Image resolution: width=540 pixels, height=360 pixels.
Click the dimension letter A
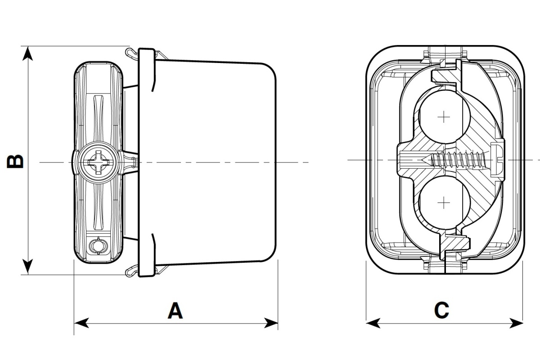point(175,310)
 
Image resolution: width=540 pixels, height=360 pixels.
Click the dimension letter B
point(16,161)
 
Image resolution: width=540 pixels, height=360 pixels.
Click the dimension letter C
point(441,310)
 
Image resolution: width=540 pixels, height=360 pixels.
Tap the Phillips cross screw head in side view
point(98,162)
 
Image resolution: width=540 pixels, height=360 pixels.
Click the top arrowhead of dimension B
point(28,53)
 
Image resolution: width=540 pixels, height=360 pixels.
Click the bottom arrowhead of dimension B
point(28,267)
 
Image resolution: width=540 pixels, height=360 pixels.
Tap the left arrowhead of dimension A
point(81,323)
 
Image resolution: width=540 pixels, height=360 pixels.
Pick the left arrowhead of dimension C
point(373,323)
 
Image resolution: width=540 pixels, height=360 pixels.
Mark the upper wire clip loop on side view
point(130,53)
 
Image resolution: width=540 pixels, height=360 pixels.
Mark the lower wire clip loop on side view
point(130,270)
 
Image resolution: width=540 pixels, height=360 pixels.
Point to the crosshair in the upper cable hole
point(444,117)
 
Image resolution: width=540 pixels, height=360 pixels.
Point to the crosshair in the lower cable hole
point(444,203)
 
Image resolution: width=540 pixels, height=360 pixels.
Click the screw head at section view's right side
point(498,160)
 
